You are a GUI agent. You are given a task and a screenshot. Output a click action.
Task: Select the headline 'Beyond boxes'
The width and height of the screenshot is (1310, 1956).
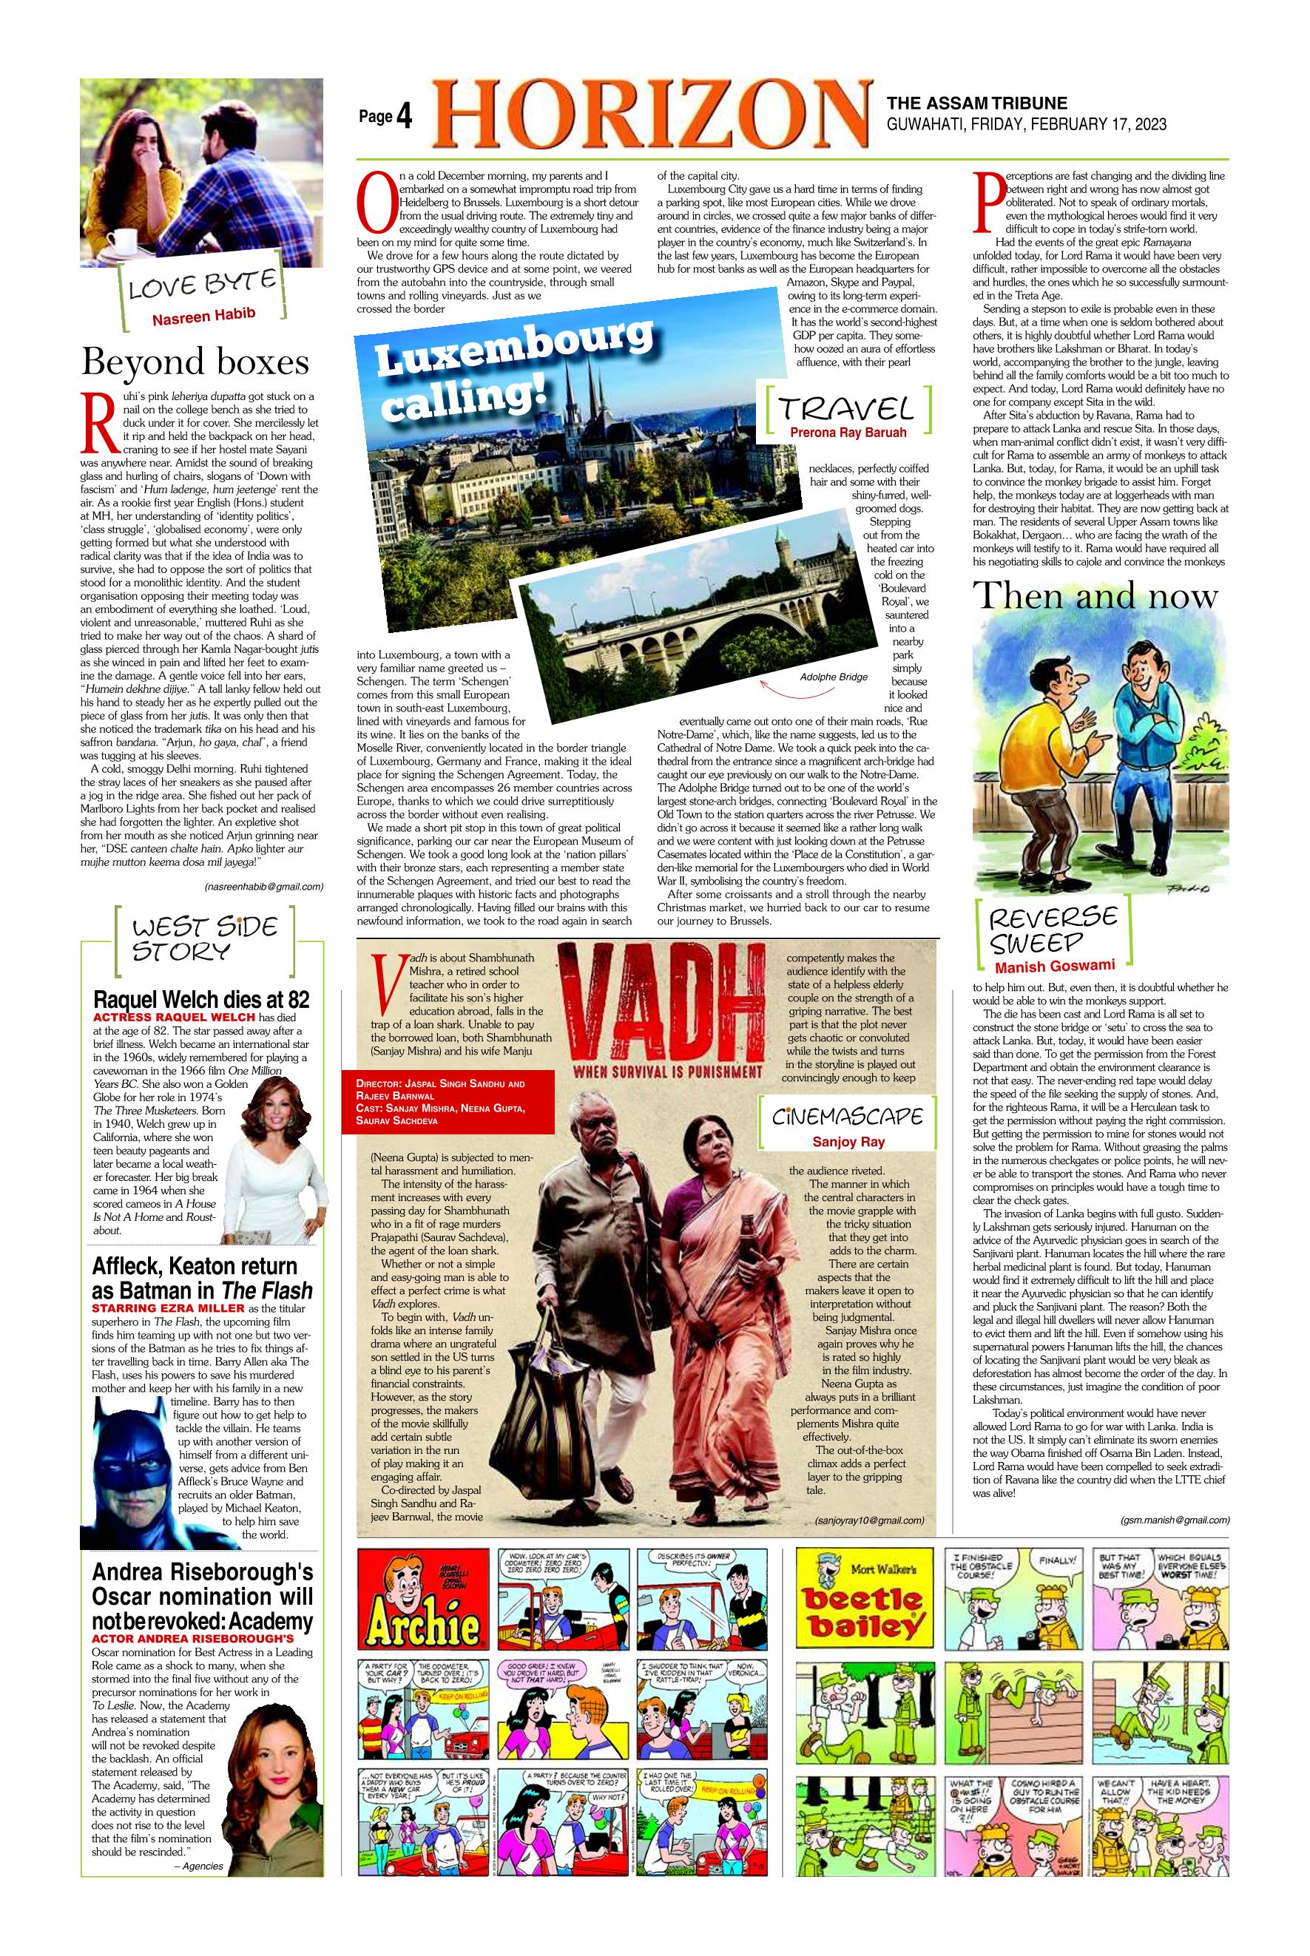tap(195, 362)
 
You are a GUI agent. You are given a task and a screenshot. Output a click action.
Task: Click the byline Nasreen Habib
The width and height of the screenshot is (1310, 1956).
tap(202, 315)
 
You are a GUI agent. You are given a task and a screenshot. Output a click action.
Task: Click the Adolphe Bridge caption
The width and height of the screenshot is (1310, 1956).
tap(833, 677)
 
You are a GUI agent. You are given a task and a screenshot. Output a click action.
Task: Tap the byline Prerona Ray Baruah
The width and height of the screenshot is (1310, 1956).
tap(847, 432)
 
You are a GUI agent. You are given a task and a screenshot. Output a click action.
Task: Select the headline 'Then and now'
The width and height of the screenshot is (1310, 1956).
tap(1095, 596)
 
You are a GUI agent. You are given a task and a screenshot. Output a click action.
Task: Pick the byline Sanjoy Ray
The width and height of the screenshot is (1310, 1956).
tap(847, 1141)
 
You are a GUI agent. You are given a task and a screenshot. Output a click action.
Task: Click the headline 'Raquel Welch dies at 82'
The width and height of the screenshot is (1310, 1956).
tap(200, 1000)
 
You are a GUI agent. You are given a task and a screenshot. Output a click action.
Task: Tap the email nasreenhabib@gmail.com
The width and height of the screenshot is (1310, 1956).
tap(263, 886)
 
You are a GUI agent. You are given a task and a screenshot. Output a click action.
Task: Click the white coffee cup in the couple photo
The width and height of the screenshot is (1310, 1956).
tap(123, 243)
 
